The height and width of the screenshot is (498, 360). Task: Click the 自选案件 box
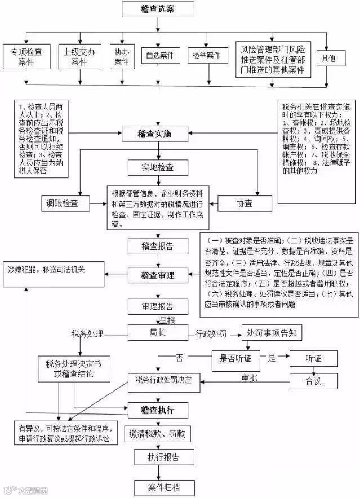pyautogui.click(x=159, y=55)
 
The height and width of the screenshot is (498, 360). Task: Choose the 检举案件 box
pyautogui.click(x=206, y=55)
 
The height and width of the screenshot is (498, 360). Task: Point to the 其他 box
pyautogui.click(x=327, y=57)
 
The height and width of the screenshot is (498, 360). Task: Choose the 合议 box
pyautogui.click(x=313, y=381)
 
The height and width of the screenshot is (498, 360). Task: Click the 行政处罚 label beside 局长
pyautogui.click(x=210, y=334)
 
